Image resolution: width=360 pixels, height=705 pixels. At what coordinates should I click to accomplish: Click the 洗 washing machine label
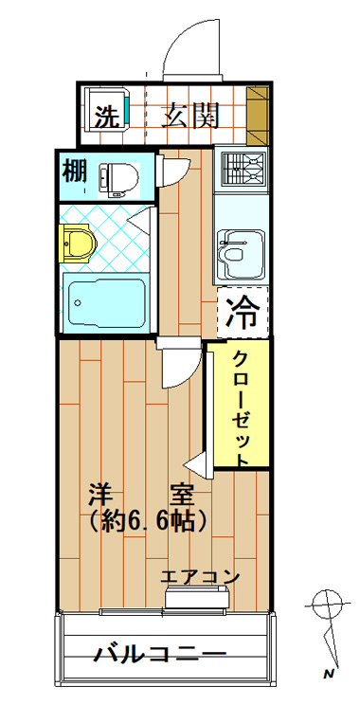click(108, 116)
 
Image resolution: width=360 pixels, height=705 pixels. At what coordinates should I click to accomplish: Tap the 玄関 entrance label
click(190, 116)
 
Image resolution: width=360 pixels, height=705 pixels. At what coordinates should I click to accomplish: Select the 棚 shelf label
click(74, 172)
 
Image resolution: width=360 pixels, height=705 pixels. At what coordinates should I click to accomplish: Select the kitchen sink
click(242, 254)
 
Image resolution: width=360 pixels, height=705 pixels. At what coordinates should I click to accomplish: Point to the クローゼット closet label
click(241, 408)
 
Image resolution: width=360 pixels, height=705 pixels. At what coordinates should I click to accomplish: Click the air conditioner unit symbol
click(198, 598)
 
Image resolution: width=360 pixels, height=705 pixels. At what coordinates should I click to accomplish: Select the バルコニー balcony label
click(159, 653)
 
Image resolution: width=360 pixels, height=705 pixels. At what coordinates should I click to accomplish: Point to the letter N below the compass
click(330, 674)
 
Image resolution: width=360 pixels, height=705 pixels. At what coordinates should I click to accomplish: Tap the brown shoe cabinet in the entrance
click(258, 116)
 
